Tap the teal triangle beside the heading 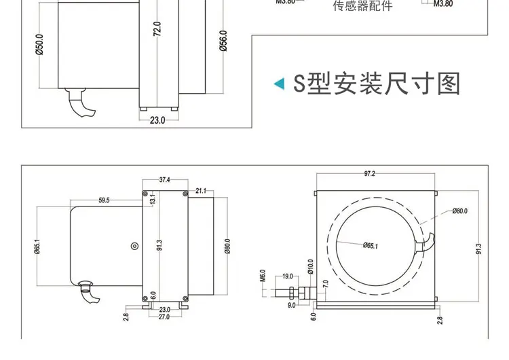278,84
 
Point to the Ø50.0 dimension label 39,46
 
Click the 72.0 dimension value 157,29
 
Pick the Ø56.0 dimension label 223,41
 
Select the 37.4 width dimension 164,180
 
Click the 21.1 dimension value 201,191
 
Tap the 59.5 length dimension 104,200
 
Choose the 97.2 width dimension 369,174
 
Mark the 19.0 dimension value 286,276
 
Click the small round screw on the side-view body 134,246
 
